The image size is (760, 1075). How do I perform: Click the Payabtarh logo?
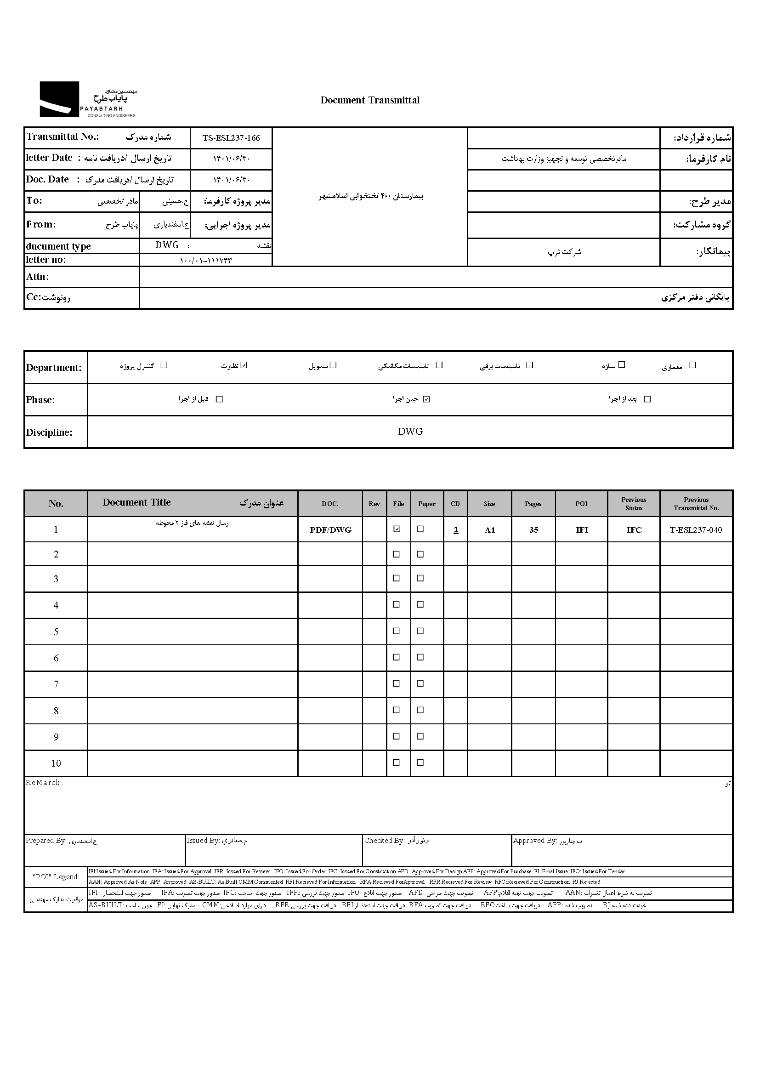pyautogui.click(x=87, y=99)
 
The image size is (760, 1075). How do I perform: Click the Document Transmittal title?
pyautogui.click(x=370, y=100)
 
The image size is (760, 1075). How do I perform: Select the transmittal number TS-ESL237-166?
pyautogui.click(x=231, y=138)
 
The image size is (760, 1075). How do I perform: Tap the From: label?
pyautogui.click(x=41, y=224)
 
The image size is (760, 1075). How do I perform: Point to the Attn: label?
pyautogui.click(x=37, y=277)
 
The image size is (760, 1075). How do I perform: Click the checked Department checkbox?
pyautogui.click(x=244, y=365)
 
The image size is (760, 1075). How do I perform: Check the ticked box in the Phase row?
pyautogui.click(x=426, y=399)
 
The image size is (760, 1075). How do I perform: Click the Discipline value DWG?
pyautogui.click(x=410, y=432)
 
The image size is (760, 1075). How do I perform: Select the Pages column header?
pyautogui.click(x=533, y=504)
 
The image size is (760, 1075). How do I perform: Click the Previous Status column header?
pyautogui.click(x=634, y=504)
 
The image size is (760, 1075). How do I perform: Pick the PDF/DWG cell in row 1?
pyautogui.click(x=330, y=530)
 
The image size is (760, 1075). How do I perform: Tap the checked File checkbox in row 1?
pyautogui.click(x=397, y=529)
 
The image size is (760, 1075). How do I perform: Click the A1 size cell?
pyautogui.click(x=489, y=530)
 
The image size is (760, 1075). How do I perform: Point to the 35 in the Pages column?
pyautogui.click(x=533, y=530)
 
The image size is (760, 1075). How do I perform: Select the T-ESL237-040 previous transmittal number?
pyautogui.click(x=695, y=530)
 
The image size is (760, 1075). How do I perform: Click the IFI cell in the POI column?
pyautogui.click(x=582, y=530)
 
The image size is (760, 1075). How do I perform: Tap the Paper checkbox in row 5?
pyautogui.click(x=420, y=631)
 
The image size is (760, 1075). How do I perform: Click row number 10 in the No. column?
pyautogui.click(x=56, y=764)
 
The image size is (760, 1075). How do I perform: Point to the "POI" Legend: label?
pyautogui.click(x=56, y=877)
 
